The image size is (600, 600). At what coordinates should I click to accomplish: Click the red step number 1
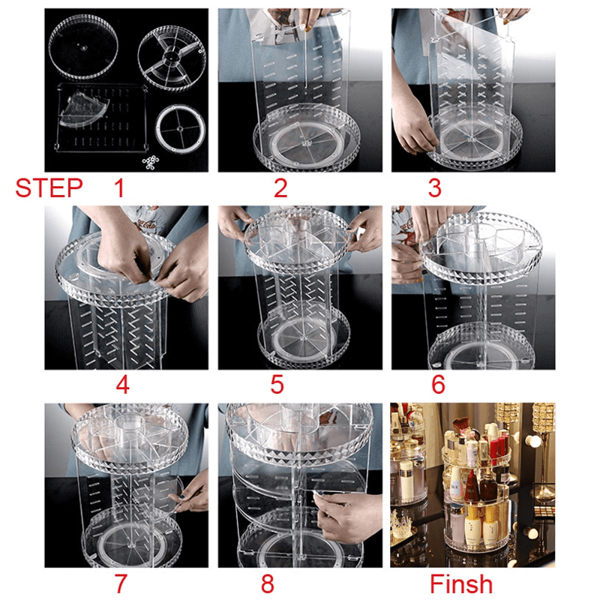click(x=118, y=187)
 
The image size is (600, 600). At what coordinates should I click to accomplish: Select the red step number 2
click(x=280, y=187)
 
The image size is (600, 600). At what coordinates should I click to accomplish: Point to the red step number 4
click(x=122, y=385)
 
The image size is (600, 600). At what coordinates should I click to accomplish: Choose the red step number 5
click(x=277, y=385)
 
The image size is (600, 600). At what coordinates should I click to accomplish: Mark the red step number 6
click(x=438, y=385)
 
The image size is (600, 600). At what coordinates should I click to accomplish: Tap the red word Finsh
click(x=461, y=583)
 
